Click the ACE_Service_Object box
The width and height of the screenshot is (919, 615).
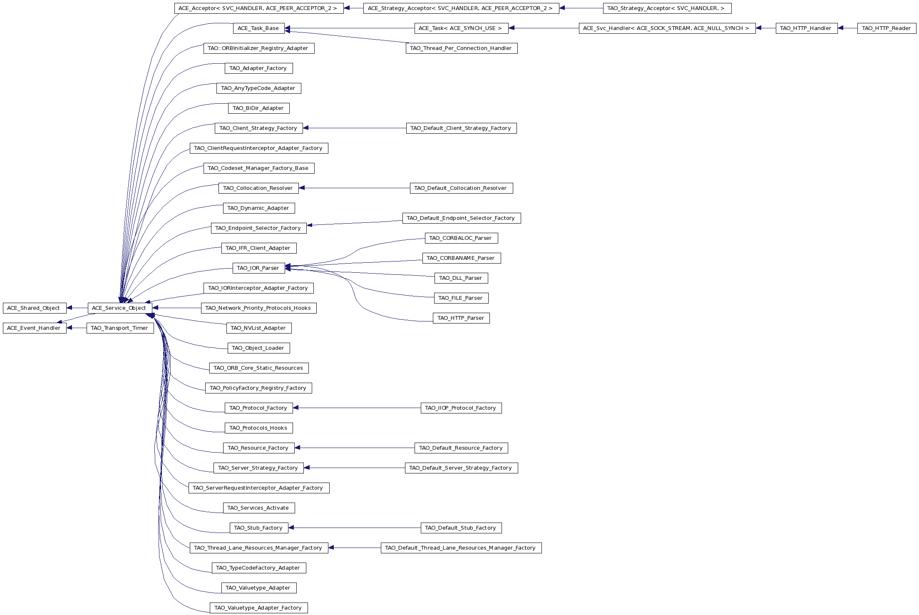pos(119,308)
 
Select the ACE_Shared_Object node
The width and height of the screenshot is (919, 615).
pos(35,308)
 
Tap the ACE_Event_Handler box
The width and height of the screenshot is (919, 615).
pos(35,328)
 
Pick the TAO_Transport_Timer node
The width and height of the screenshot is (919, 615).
pos(120,328)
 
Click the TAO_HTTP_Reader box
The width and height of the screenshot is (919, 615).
pos(887,28)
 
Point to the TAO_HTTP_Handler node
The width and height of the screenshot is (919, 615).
pos(806,28)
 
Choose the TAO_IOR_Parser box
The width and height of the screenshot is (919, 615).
pos(258,268)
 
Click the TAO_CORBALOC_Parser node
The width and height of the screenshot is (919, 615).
pos(461,238)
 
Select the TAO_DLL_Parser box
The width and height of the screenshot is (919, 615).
pos(461,278)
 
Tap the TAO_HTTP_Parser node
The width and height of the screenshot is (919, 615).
pos(461,318)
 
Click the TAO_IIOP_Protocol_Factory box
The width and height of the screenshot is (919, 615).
pos(461,408)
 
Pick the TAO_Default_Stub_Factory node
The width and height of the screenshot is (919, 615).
pos(461,528)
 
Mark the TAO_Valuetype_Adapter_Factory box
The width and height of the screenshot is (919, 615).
pos(258,608)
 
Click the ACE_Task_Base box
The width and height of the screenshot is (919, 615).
pos(258,28)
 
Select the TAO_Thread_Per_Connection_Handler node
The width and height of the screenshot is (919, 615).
pos(462,48)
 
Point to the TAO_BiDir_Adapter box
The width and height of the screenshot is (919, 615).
pos(258,108)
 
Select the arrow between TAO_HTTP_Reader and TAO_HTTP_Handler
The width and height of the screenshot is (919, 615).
pos(847,28)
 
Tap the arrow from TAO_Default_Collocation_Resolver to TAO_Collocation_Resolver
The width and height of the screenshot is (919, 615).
pos(354,188)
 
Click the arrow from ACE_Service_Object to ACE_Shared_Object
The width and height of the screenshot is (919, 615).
pos(77,308)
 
